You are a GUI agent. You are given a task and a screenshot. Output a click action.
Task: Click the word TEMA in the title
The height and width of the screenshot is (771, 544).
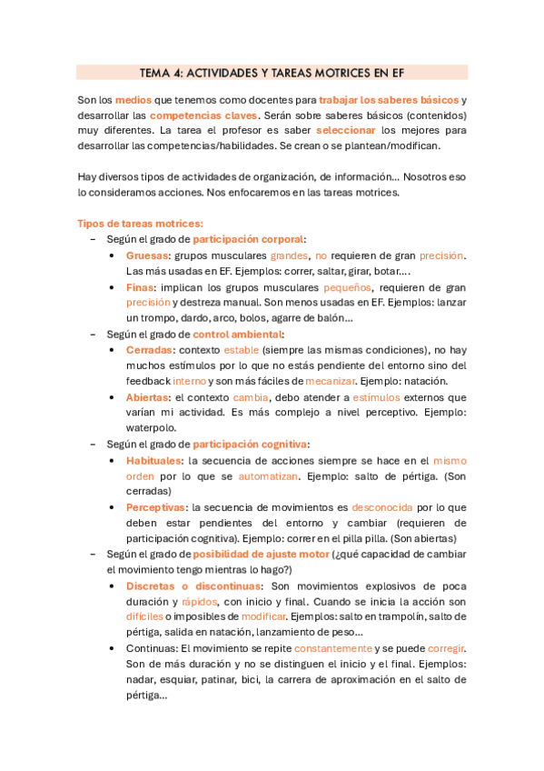[154, 72]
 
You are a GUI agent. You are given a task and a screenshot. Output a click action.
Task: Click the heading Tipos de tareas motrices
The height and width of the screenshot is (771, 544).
[140, 223]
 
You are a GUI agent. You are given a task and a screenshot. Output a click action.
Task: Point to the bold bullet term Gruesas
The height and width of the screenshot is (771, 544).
[147, 255]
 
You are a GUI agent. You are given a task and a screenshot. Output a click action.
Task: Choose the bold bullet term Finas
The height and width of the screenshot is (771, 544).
[141, 287]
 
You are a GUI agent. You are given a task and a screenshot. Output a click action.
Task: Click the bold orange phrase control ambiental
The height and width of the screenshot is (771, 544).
[237, 334]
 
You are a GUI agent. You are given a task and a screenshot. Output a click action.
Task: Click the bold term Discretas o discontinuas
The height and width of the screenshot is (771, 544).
[193, 586]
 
